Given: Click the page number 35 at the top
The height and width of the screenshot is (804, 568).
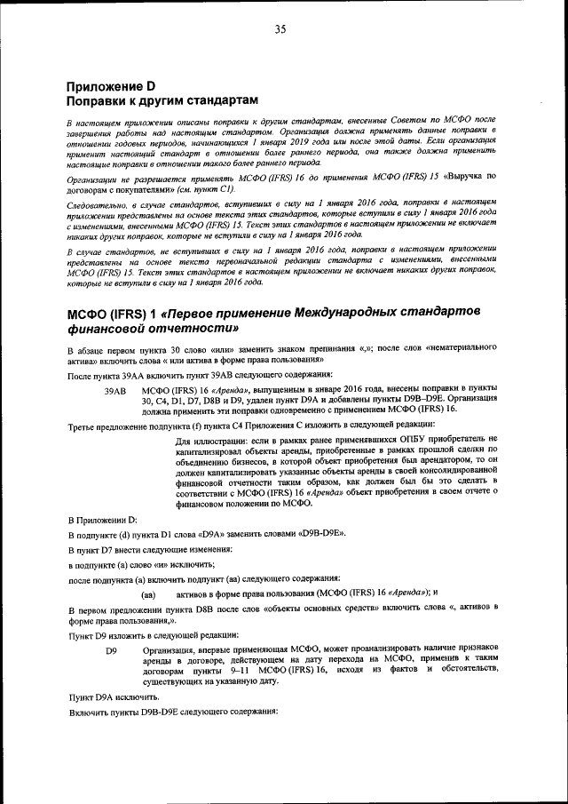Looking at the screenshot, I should point(280,29).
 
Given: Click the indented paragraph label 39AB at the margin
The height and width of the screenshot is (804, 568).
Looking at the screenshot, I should point(116,390).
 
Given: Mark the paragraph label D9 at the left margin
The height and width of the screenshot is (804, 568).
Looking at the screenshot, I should point(111,650).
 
